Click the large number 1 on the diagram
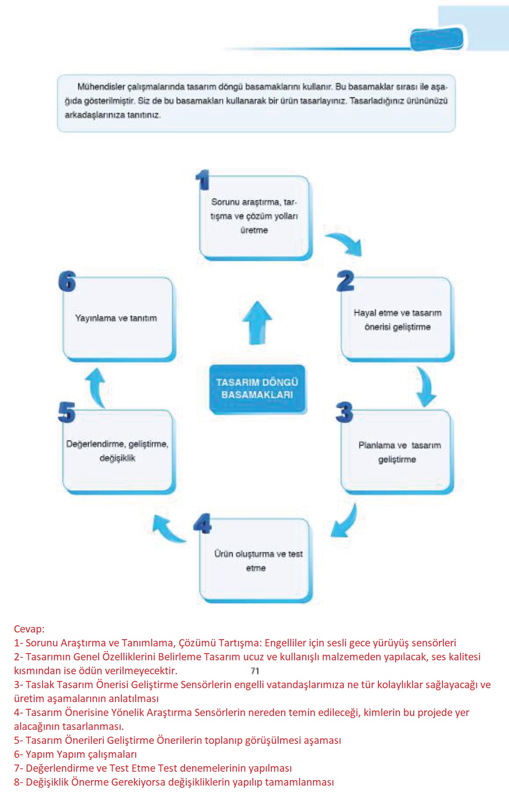pos(203,180)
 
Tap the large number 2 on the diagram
pos(346,281)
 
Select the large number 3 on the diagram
pos(344,412)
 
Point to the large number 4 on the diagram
pos(203,524)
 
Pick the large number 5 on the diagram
pos(67,412)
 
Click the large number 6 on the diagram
pos(67,281)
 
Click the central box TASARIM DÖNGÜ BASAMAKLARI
pos(257,389)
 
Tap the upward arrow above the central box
pos(257,323)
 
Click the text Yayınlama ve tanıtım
pos(116,318)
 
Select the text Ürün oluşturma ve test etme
pos(258,561)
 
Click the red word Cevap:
pos(29,629)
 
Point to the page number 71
pos(255,671)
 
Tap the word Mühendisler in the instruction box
pos(101,86)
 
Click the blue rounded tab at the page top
pos(437,39)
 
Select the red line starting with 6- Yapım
pos(75,754)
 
